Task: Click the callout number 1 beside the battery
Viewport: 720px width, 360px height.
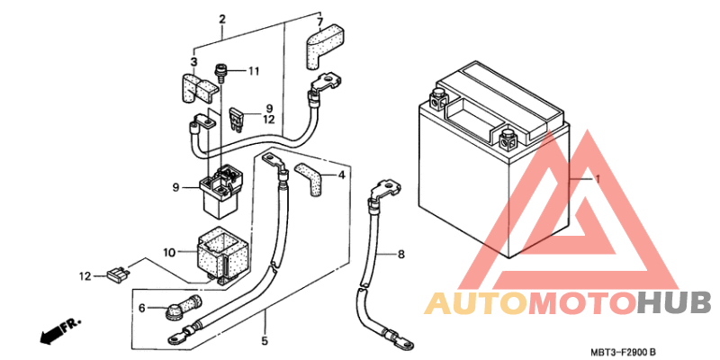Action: [598, 178]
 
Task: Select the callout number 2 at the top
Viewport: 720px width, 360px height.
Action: [222, 20]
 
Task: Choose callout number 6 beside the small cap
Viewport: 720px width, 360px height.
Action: [142, 308]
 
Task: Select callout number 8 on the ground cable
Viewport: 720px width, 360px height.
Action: [400, 254]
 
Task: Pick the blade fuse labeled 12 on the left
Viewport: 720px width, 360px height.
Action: [119, 275]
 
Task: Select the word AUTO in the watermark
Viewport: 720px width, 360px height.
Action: [476, 303]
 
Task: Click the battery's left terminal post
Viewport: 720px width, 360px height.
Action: [438, 97]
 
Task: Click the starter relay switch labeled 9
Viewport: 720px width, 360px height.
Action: [220, 193]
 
